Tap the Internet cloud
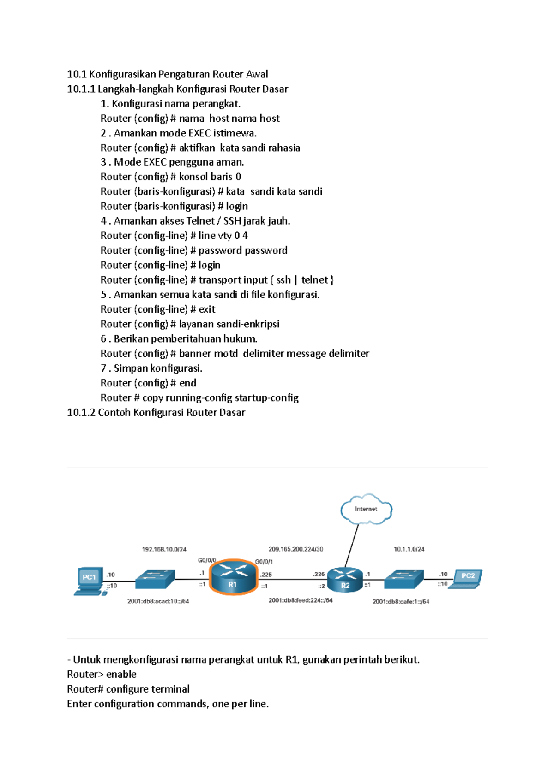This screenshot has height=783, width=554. coord(366,509)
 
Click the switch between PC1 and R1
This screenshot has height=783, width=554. coord(155,579)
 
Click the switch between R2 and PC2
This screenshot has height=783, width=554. coord(403,579)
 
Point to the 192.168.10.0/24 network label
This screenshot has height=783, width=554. coord(164,549)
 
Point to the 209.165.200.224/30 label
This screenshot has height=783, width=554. coord(295,549)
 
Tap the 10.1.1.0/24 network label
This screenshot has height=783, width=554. coord(409,549)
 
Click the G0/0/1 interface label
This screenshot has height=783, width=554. coord(264,562)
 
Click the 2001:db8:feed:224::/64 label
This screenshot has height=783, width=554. coord(301,600)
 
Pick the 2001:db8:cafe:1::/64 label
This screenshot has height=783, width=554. coord(401,601)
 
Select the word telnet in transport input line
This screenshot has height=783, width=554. coord(314,280)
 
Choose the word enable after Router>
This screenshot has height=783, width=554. coord(121,675)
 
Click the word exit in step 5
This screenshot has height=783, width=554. coord(207,309)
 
